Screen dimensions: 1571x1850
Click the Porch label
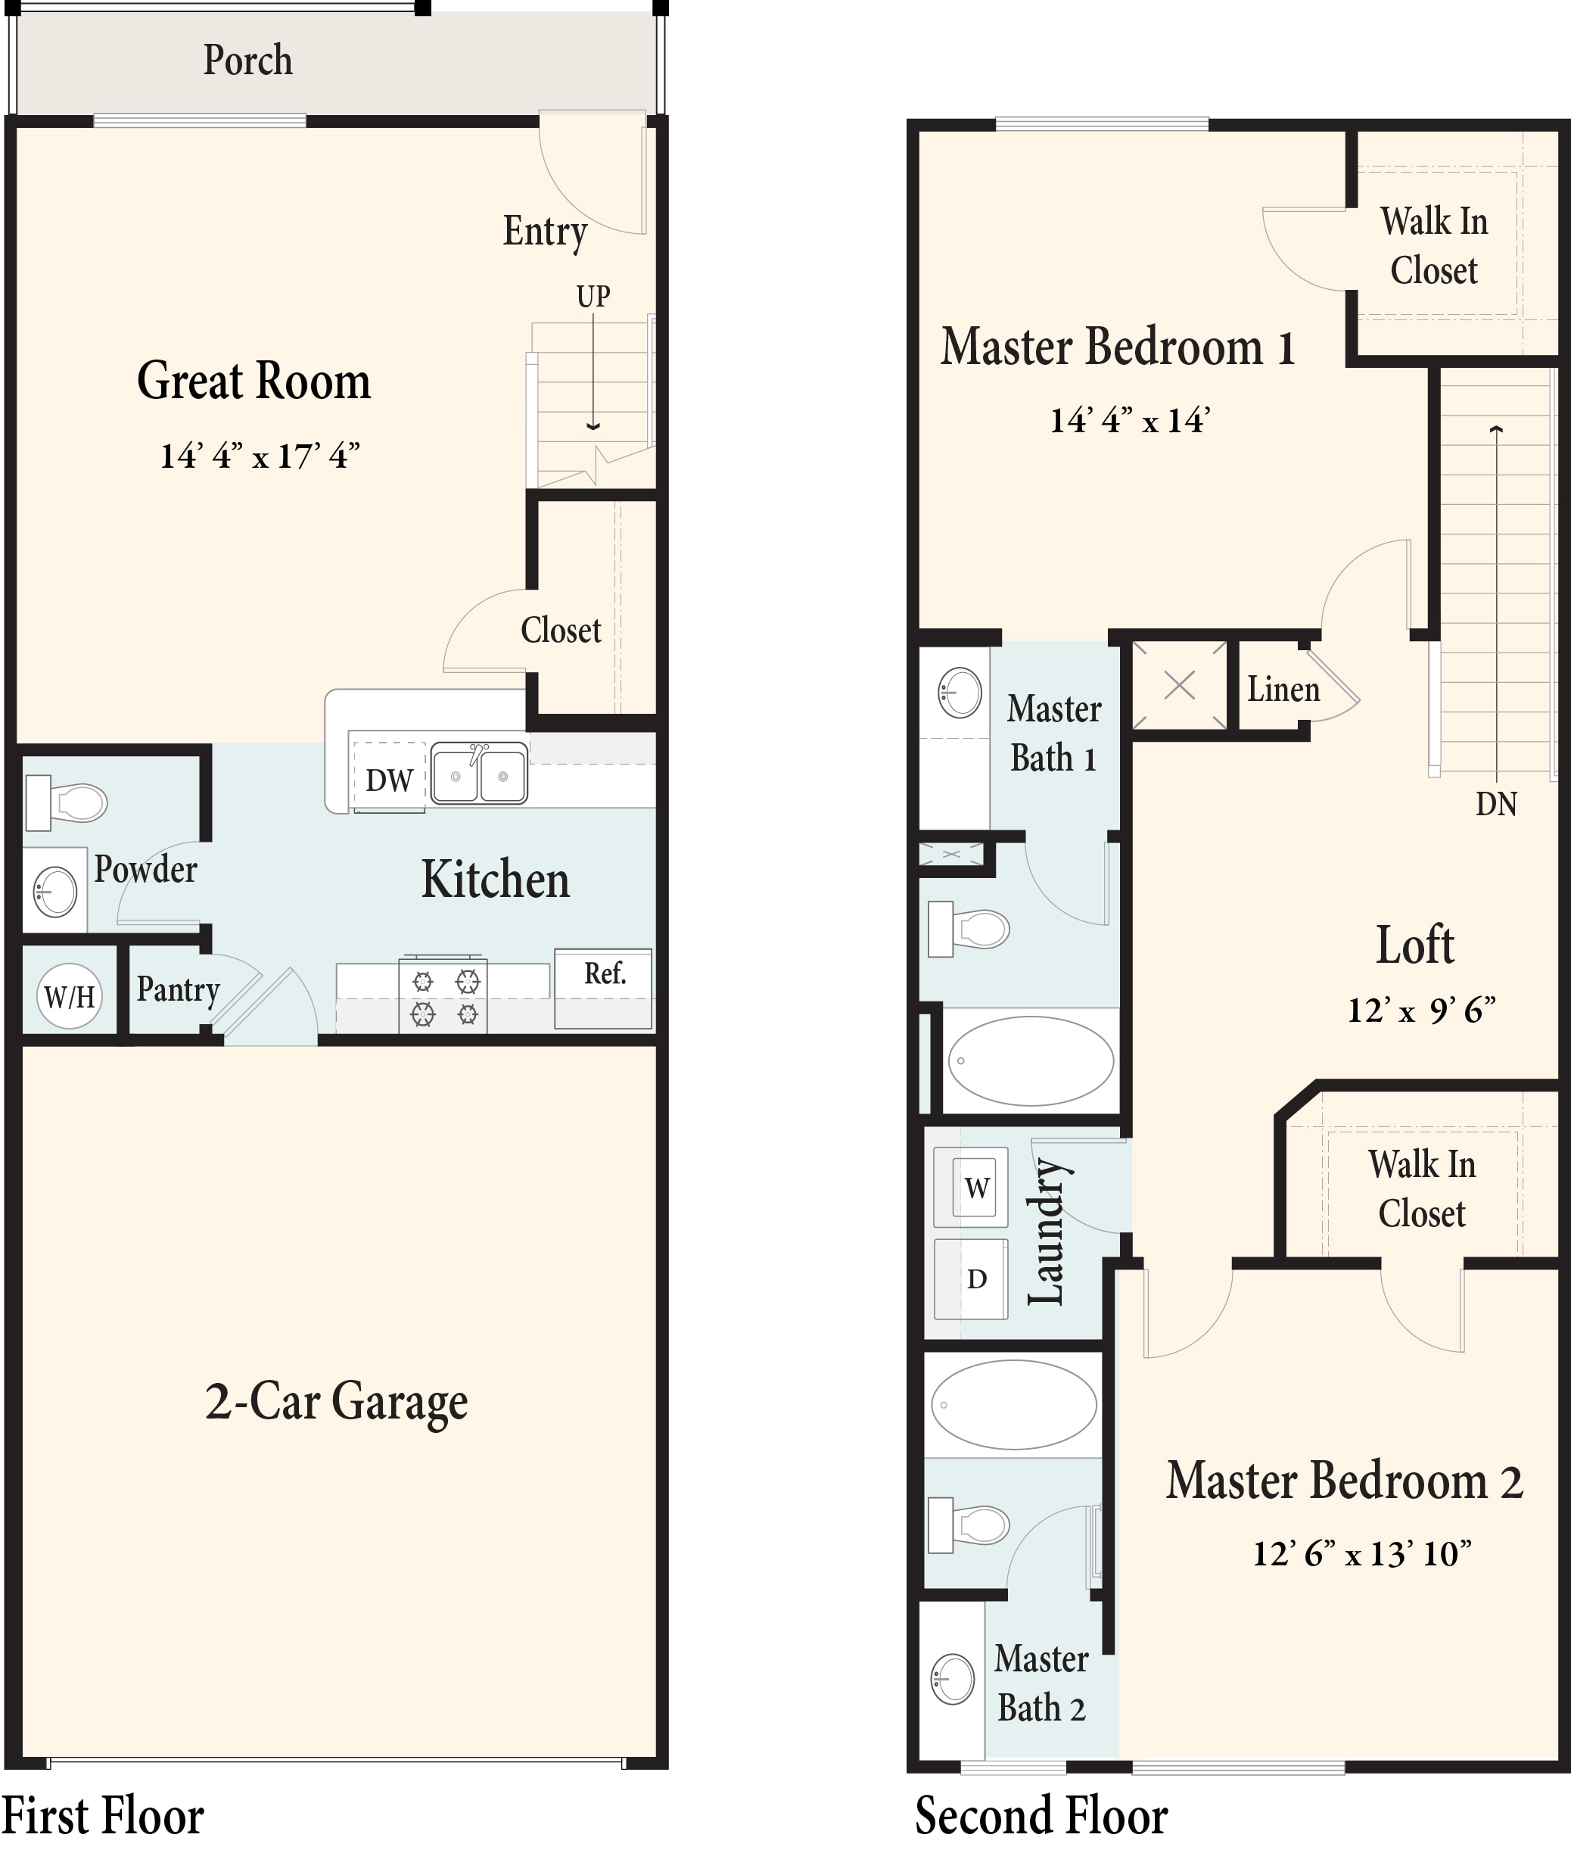pyautogui.click(x=247, y=61)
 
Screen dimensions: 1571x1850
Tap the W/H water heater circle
pyautogui.click(x=70, y=996)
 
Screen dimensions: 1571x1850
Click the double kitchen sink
pyautogui.click(x=479, y=774)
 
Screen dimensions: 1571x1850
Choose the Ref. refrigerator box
pyautogui.click(x=604, y=989)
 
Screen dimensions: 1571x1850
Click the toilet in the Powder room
pyautogui.click(x=67, y=802)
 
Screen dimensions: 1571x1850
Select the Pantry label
pyautogui.click(x=178, y=989)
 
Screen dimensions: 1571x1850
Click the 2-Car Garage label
pyautogui.click(x=337, y=1401)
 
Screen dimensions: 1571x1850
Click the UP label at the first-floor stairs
pyautogui.click(x=593, y=297)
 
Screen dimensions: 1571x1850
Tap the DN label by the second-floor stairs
pyautogui.click(x=1496, y=805)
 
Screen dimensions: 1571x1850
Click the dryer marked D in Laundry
pyautogui.click(x=972, y=1279)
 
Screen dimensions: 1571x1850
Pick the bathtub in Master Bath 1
pyautogui.click(x=1031, y=1060)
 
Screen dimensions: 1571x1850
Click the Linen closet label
pyautogui.click(x=1283, y=690)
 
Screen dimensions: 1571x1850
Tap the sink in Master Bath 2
pyautogui.click(x=953, y=1680)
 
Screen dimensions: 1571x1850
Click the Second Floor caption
pyautogui.click(x=1041, y=1816)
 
